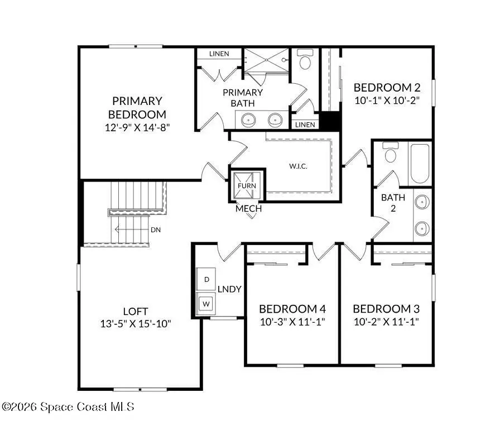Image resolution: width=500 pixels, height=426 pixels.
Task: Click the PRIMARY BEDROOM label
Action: click(x=137, y=107)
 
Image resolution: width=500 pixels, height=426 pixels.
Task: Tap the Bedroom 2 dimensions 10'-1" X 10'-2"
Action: click(x=386, y=100)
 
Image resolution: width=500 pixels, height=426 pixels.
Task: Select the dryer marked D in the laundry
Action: click(x=206, y=279)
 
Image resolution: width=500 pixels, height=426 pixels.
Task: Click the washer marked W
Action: click(x=206, y=303)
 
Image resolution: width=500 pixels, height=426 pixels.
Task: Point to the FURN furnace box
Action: click(x=246, y=186)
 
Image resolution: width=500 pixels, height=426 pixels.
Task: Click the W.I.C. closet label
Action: click(x=298, y=166)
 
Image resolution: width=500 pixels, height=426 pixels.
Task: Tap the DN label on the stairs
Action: click(x=156, y=229)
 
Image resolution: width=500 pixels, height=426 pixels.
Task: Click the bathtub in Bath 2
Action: click(x=420, y=163)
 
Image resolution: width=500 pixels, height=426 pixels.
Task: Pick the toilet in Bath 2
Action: click(x=391, y=154)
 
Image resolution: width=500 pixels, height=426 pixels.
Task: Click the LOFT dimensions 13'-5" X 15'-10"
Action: click(x=136, y=323)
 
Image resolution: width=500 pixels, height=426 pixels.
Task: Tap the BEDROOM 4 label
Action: click(x=292, y=309)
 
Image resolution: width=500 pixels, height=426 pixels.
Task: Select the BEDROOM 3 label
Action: click(x=386, y=309)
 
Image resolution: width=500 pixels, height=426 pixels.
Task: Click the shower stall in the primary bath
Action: click(x=267, y=60)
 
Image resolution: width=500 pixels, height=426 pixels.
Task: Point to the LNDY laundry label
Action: click(x=229, y=289)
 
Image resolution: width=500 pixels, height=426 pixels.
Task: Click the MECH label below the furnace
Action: click(x=248, y=209)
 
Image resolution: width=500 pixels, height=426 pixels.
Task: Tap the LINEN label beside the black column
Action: click(x=305, y=125)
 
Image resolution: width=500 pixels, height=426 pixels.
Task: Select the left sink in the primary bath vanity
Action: click(x=248, y=119)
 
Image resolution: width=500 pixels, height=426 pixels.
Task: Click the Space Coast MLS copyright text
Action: click(x=68, y=407)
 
